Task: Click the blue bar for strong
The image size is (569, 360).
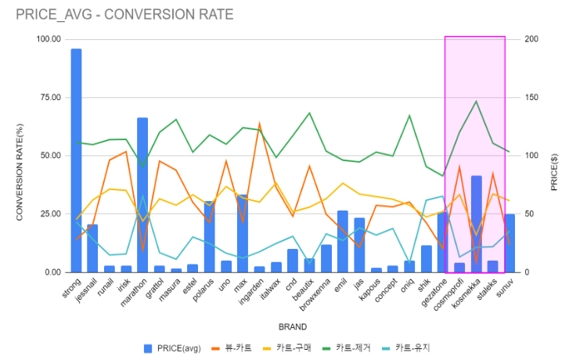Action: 76,160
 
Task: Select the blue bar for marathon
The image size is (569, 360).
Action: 142,195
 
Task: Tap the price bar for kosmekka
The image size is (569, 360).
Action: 477,225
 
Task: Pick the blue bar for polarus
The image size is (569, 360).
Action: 209,236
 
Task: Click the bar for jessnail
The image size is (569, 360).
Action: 92,248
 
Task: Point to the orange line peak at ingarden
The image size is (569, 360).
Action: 260,124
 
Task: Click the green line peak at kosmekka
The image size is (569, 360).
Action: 476,101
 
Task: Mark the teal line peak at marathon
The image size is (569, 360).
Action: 142,196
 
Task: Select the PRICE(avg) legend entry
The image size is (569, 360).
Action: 172,348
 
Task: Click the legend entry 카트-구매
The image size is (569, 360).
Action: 286,348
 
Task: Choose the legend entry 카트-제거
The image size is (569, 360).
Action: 346,348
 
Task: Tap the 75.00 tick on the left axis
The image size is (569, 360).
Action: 51,97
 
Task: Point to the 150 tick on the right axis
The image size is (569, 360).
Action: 531,97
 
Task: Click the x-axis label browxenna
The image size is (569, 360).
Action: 315,294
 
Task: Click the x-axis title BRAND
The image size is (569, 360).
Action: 293,327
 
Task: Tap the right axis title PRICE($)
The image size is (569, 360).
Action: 554,172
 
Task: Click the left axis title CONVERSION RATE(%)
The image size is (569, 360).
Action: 20,172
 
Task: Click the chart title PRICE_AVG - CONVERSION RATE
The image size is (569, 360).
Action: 124,15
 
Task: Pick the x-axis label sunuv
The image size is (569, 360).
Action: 505,287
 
